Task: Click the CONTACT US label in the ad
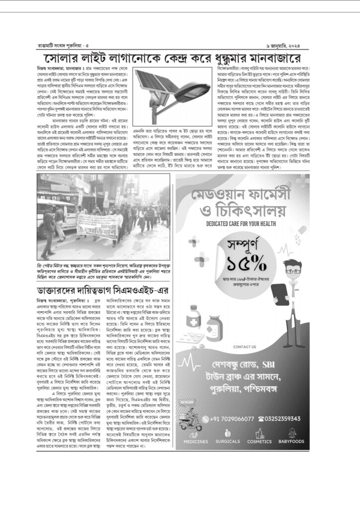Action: [x=244, y=346]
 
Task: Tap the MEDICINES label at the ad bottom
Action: [x=195, y=441]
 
